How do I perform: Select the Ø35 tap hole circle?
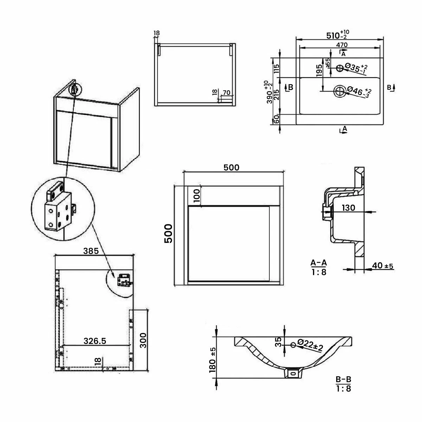coord(340,68)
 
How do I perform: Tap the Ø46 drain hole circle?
coord(340,91)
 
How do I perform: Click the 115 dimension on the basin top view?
coord(276,68)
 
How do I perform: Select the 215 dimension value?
coord(276,96)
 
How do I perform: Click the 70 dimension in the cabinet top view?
coord(226,93)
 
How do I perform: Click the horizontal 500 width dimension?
coord(232,167)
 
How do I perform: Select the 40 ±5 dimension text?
coord(383,266)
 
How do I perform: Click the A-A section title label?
coord(319,262)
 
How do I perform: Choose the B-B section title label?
coord(343,380)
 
